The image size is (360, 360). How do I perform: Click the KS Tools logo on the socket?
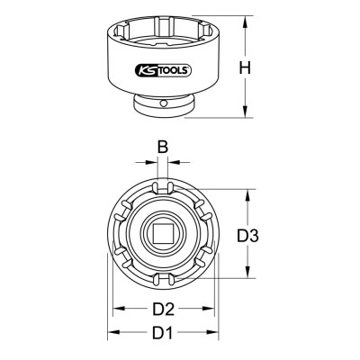click(163, 70)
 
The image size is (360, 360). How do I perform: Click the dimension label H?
click(245, 67)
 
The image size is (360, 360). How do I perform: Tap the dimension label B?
click(163, 147)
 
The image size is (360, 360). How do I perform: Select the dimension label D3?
click(247, 236)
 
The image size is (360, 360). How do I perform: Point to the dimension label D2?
click(163, 309)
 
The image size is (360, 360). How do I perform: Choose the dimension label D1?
click(163, 332)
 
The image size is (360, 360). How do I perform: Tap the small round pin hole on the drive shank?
click(163, 103)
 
